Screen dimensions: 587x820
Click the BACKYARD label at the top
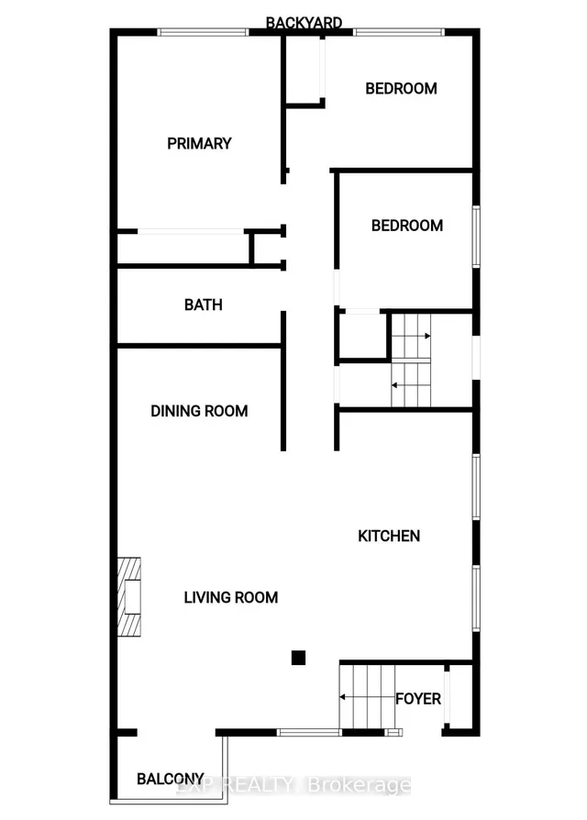pos(304,23)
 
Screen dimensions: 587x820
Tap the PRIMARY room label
pos(199,143)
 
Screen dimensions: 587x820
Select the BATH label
pos(204,305)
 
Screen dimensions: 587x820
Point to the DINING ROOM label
pos(199,411)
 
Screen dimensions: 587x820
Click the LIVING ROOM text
pos(231,597)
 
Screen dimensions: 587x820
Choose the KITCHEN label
pos(389,536)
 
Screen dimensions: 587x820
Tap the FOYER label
pos(418,699)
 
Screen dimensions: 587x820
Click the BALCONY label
pos(171,779)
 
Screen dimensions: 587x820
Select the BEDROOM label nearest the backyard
pos(402,88)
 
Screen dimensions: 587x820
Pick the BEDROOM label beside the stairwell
pos(407,226)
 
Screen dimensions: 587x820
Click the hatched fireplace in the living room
pos(128,597)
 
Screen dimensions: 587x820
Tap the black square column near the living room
pos(298,658)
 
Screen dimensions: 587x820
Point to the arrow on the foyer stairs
pos(368,697)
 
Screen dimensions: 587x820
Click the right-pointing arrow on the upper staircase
pos(412,336)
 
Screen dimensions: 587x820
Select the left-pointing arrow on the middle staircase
pos(412,385)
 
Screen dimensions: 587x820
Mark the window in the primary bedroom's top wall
pos(203,32)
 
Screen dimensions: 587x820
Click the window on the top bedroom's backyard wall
pos(399,32)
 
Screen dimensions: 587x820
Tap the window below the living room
pos(308,733)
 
